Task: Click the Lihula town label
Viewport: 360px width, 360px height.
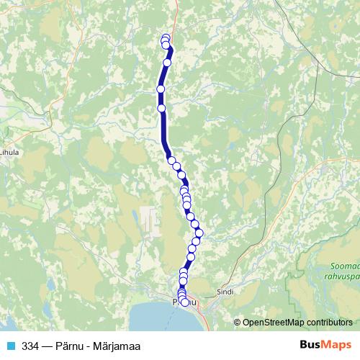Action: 11,152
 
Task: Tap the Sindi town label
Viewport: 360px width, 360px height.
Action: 225,293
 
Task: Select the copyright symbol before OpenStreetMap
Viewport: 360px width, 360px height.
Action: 238,322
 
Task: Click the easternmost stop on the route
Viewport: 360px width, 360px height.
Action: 199,232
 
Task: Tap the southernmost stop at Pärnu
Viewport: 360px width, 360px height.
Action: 184,303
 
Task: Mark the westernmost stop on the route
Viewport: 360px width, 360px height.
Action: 161,89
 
